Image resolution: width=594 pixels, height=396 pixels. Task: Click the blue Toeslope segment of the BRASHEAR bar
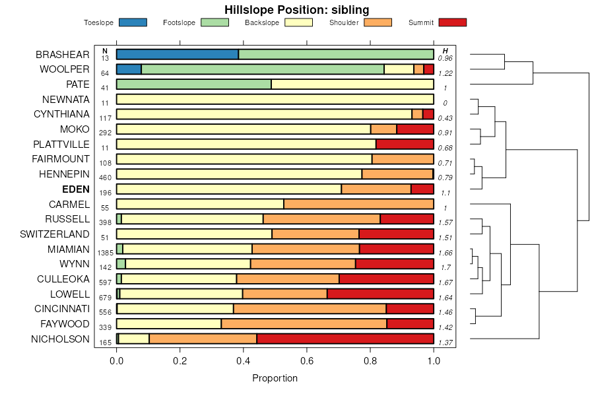click(x=177, y=54)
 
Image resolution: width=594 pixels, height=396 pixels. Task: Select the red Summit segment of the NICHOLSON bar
click(x=345, y=339)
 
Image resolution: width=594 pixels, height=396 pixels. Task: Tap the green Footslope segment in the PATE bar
click(x=193, y=84)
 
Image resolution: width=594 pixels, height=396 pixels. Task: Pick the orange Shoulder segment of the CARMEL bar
click(x=358, y=204)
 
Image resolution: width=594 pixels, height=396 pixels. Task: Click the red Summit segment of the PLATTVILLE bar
click(x=405, y=144)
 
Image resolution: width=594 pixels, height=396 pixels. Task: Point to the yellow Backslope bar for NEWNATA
click(x=275, y=99)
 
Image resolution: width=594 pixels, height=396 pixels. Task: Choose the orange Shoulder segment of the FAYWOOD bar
click(x=304, y=323)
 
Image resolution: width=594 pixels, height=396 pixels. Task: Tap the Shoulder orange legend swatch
click(x=378, y=22)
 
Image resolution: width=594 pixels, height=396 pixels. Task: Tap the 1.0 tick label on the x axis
click(x=434, y=361)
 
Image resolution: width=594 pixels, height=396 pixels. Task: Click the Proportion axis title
click(x=275, y=378)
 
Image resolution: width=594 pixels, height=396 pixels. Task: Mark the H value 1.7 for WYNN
click(x=445, y=267)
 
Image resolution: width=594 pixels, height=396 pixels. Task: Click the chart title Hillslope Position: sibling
click(x=296, y=9)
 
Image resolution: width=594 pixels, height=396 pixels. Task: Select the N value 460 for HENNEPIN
click(x=105, y=178)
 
